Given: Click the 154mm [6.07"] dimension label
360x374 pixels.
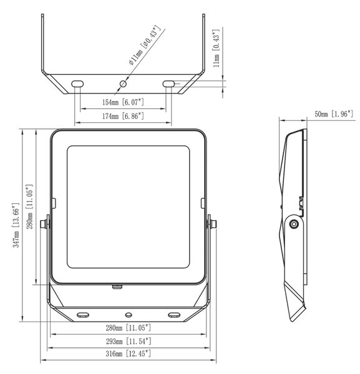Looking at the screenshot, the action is coord(123,102).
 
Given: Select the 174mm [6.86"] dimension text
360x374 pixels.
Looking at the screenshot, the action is coord(123,116).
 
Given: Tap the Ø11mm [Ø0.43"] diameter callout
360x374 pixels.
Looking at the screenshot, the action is coord(144,45).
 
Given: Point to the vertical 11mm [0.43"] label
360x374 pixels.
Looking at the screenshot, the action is coord(216,49).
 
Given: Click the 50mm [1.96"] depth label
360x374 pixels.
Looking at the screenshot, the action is coord(334,114).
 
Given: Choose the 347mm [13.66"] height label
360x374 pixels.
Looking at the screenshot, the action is coord(16,225).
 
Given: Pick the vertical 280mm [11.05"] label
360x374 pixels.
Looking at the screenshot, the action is coord(29,206).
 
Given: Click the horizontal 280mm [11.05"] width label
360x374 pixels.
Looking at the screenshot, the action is coord(129,328).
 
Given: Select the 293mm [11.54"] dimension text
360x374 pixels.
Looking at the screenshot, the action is coord(129,342).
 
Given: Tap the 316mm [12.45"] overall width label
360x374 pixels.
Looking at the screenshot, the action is coord(129,353).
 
